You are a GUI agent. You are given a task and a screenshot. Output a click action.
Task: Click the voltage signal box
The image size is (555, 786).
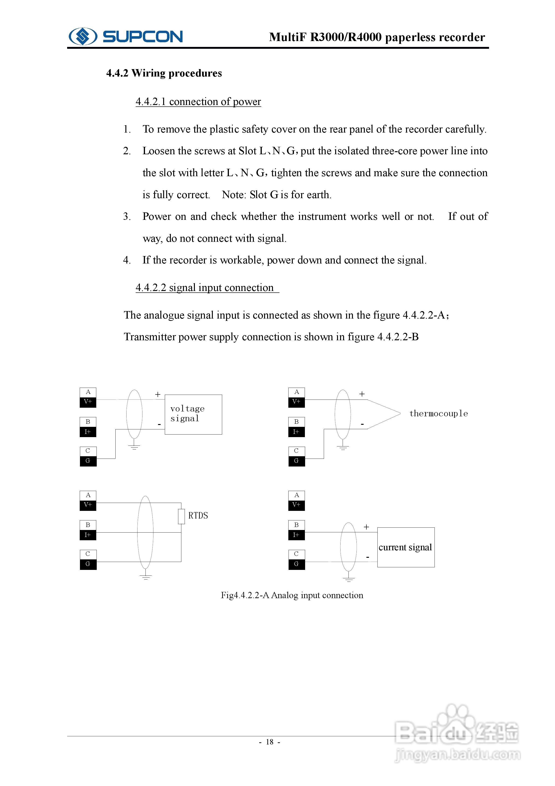(x=193, y=414)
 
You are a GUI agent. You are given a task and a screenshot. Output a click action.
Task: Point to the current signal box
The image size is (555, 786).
(x=406, y=547)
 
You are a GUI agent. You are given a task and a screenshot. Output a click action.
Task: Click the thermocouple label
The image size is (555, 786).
(x=438, y=414)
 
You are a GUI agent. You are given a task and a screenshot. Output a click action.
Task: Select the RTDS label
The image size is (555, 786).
(x=198, y=516)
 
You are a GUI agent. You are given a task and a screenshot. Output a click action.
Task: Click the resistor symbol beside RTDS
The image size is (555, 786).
(x=181, y=517)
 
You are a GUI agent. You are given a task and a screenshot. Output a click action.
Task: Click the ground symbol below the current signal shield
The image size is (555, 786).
(x=348, y=579)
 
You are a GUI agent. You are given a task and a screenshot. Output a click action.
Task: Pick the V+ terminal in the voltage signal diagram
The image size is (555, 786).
(x=88, y=402)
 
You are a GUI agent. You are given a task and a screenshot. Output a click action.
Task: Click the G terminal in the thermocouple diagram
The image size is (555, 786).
(x=296, y=461)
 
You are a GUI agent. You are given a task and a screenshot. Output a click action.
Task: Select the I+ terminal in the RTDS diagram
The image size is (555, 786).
(x=88, y=535)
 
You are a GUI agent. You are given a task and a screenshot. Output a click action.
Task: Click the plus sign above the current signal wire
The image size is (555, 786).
(x=366, y=527)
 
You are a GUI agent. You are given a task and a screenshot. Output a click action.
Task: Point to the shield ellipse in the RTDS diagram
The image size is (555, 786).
(x=145, y=532)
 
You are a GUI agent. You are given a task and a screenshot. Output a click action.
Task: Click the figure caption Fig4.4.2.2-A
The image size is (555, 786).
(x=292, y=595)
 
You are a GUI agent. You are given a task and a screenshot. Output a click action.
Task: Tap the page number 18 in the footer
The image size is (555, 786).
(x=269, y=742)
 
